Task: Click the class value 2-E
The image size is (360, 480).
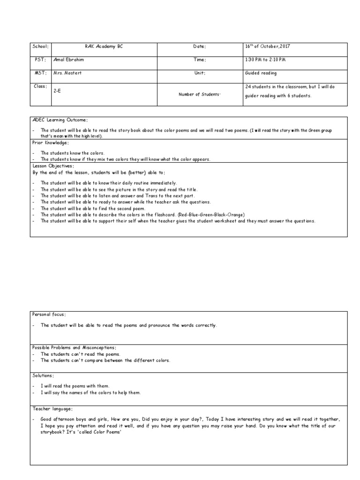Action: click(x=58, y=91)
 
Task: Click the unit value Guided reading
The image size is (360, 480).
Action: click(x=261, y=74)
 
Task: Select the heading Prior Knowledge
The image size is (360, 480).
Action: click(x=50, y=142)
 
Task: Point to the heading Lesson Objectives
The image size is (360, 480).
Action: click(x=52, y=166)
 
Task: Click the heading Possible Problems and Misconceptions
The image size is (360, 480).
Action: click(x=74, y=347)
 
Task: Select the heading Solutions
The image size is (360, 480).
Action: click(x=43, y=376)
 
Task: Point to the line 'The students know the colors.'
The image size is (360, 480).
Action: click(x=73, y=153)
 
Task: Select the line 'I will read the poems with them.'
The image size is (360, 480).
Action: click(x=75, y=386)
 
